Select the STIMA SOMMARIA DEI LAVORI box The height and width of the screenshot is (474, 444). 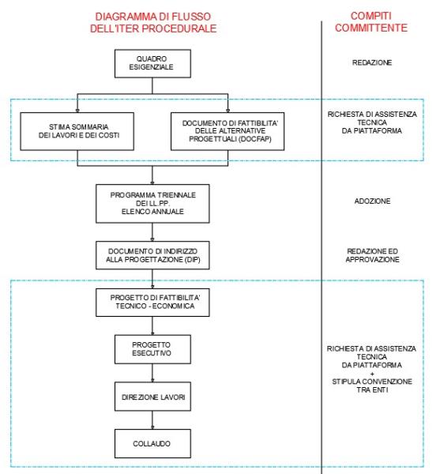point(77,129)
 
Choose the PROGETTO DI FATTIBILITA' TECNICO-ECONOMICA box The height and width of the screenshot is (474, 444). point(152,302)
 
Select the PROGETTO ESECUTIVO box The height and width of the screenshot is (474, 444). point(152,348)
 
